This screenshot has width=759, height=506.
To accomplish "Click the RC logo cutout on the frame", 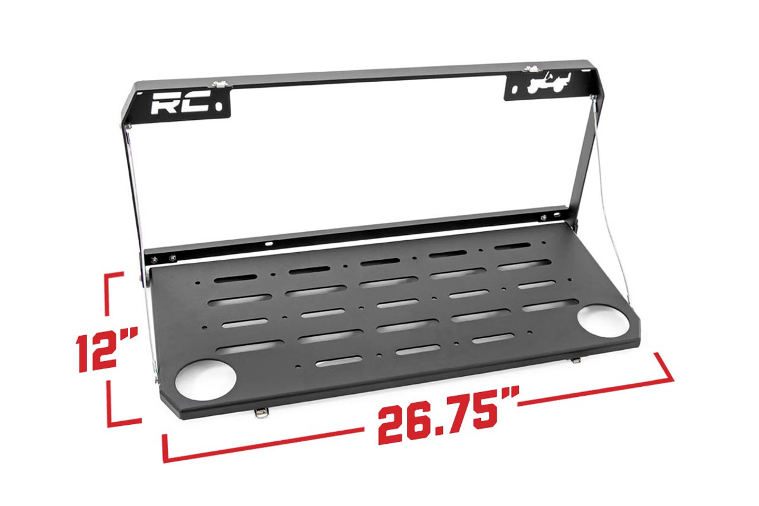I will click(180, 105).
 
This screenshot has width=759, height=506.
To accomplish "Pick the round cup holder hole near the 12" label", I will click(206, 380).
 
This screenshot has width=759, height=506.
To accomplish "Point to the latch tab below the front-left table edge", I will click(260, 413).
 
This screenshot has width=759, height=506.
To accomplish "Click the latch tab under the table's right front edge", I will click(577, 359).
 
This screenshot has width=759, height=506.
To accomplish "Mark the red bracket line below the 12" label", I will click(119, 409).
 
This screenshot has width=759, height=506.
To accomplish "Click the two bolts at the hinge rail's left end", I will click(164, 259).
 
